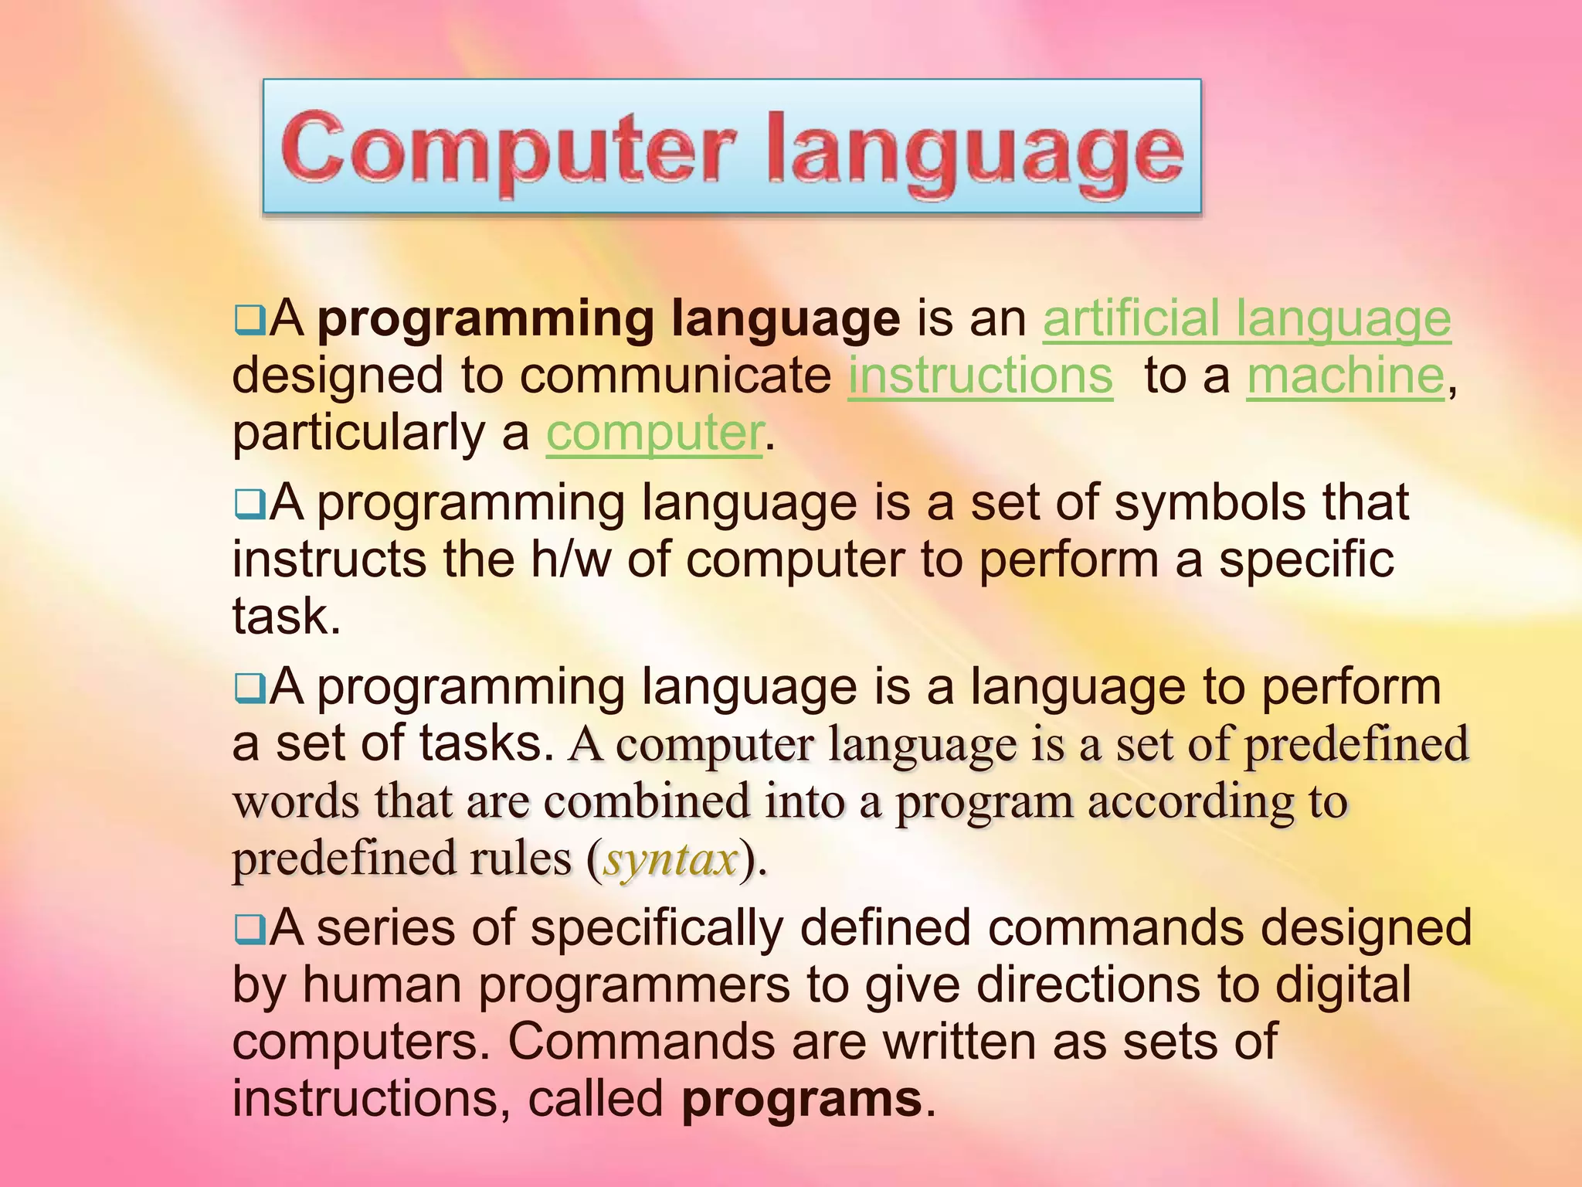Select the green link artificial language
(1247, 319)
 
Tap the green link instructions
(980, 376)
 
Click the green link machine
(1345, 376)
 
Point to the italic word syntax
(670, 859)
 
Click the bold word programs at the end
(802, 1099)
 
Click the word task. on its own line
(287, 617)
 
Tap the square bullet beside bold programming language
(250, 319)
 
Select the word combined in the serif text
(647, 801)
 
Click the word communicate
(674, 376)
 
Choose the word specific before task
(1306, 559)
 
